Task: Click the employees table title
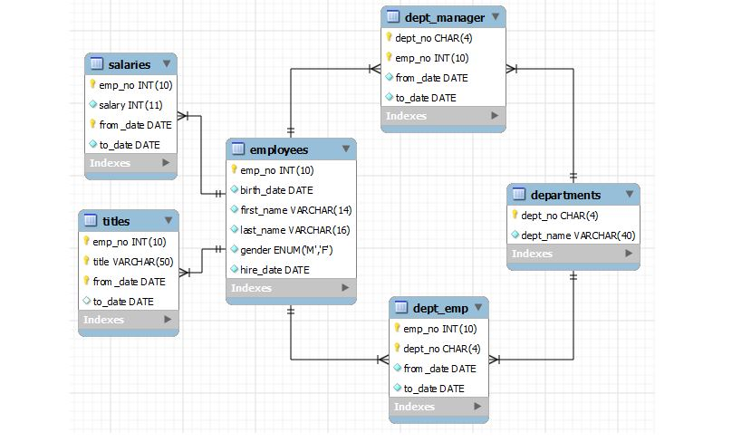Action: pyautogui.click(x=278, y=149)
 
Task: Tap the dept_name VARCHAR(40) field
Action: pyautogui.click(x=578, y=235)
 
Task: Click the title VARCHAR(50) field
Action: pyautogui.click(x=132, y=262)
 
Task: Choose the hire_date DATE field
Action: pyautogui.click(x=274, y=269)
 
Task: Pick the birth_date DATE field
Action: pyautogui.click(x=276, y=190)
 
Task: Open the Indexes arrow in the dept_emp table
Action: pyautogui.click(x=477, y=408)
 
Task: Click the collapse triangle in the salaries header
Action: pyautogui.click(x=168, y=64)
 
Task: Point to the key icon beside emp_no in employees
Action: pyautogui.click(x=234, y=169)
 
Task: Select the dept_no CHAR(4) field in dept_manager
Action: pyautogui.click(x=433, y=38)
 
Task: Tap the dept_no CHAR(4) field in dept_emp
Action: pyautogui.click(x=441, y=349)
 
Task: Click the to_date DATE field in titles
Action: pyautogui.click(x=123, y=302)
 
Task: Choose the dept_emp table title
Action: pyautogui.click(x=440, y=308)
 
